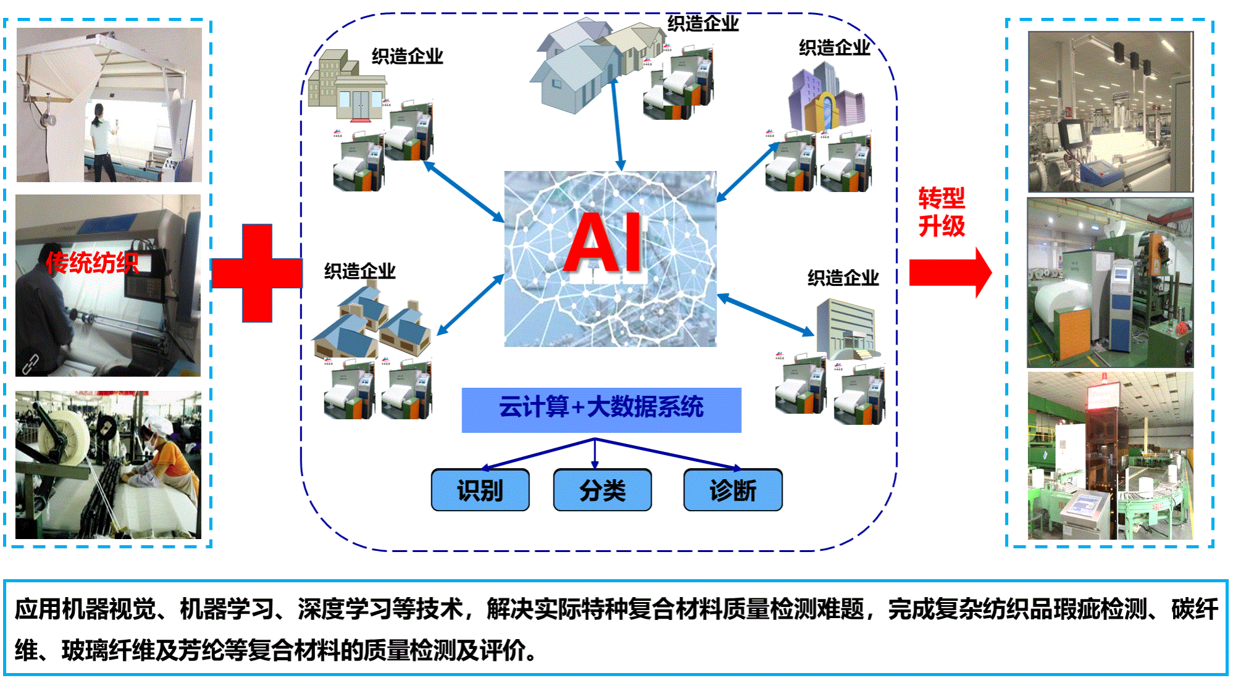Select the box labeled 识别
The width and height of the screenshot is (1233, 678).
coord(480,490)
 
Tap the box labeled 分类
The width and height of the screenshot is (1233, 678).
coord(602,490)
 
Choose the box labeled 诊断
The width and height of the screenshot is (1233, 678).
coord(733,490)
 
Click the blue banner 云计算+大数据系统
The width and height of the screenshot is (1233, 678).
coord(601,409)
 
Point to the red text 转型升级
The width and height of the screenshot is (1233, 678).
coord(941,212)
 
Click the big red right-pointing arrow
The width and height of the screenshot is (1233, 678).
coord(950,272)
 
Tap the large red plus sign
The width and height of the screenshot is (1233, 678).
coord(257,273)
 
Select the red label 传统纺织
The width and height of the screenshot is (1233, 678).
coord(91,263)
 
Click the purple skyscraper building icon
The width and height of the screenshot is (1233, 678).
coord(825,99)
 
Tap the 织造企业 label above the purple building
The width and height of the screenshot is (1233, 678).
coord(834,48)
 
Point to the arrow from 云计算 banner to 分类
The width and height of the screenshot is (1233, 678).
coord(595,454)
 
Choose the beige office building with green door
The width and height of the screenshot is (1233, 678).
coord(346,86)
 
